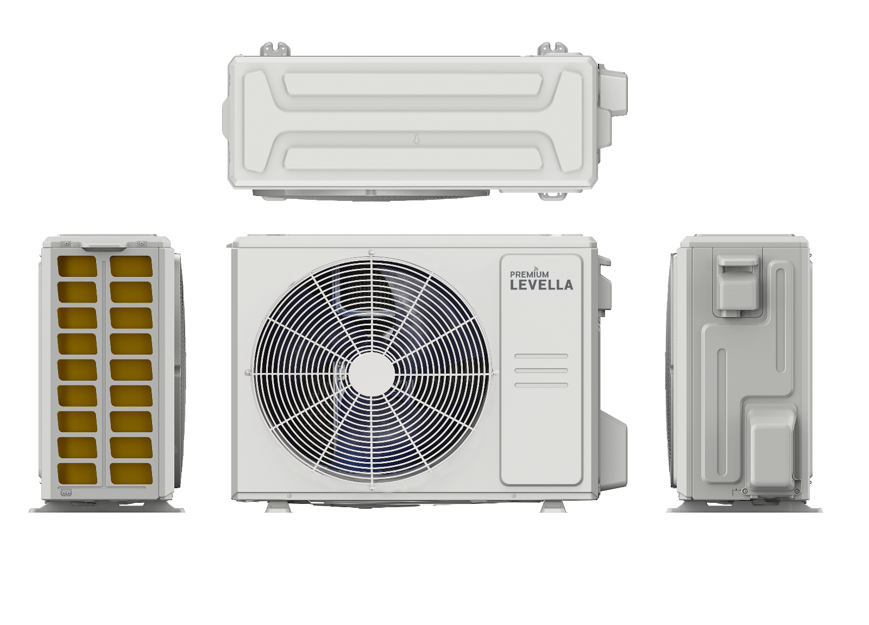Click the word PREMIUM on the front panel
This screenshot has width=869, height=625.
coord(529,275)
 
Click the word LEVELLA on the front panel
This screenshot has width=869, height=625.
coord(541,285)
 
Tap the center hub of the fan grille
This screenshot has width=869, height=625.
coord(371,374)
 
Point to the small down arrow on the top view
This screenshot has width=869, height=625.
coord(417,140)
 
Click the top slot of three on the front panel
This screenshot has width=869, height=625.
coord(541,356)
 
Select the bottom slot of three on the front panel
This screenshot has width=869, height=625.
coord(541,386)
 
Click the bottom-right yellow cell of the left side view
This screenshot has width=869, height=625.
coord(131,473)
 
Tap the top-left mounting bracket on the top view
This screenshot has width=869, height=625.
coord(275,49)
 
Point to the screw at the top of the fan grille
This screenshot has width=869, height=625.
coord(371,253)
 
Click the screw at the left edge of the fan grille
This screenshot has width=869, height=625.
coord(248,373)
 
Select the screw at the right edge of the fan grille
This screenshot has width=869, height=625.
coord(495,373)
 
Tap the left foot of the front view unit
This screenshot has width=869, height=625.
coord(278,507)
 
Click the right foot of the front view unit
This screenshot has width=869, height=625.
coord(553,507)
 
